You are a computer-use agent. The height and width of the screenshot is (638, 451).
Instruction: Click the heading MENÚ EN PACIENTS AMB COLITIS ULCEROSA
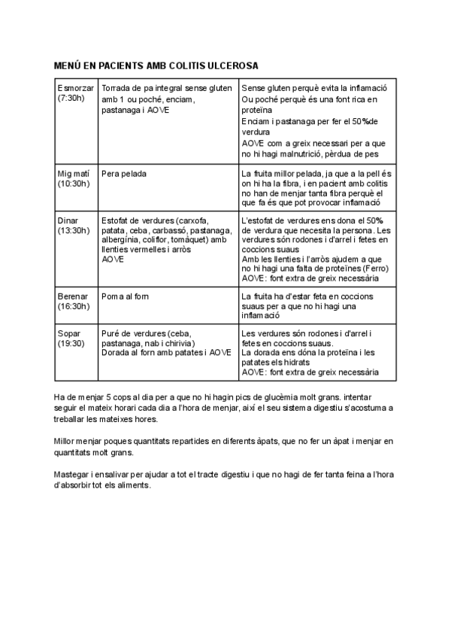(156, 65)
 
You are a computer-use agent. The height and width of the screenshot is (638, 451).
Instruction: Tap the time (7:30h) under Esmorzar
(73, 99)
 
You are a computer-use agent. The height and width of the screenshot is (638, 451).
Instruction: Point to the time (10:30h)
(74, 183)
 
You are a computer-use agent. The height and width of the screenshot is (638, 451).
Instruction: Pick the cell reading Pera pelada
(124, 173)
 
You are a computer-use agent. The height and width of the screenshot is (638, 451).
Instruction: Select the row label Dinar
(68, 220)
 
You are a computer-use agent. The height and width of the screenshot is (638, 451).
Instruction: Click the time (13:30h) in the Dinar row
(74, 230)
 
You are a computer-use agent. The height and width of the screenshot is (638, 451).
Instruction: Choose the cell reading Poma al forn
(126, 296)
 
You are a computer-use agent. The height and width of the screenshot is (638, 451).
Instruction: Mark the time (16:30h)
(74, 307)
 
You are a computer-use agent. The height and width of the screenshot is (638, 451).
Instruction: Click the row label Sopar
(69, 333)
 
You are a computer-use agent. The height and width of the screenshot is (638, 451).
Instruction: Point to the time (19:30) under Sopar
(72, 343)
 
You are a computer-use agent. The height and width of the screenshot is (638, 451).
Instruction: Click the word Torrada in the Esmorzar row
(117, 88)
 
